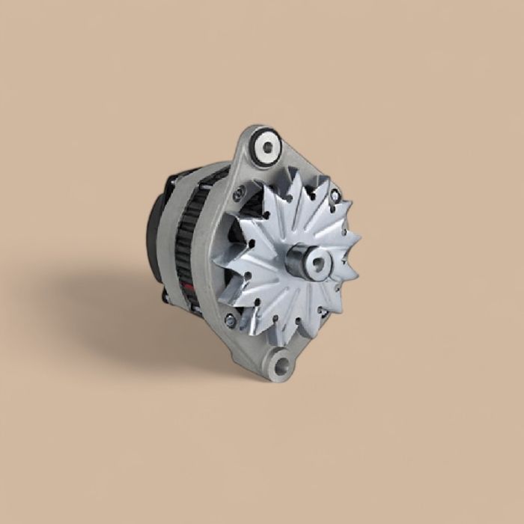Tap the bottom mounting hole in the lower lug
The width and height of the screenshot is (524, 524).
coord(283,366)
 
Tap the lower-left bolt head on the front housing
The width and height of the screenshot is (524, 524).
coord(230,320)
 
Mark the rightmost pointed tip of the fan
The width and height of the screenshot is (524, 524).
coord(361,240)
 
